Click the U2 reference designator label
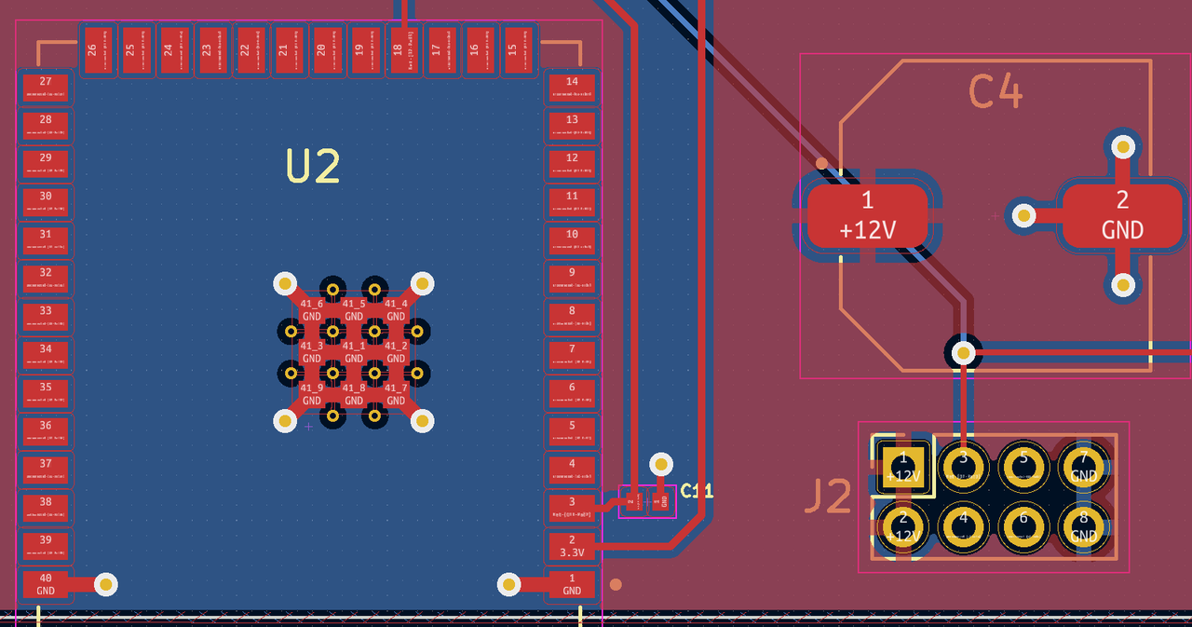click(313, 167)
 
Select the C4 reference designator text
click(996, 92)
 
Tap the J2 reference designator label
click(827, 498)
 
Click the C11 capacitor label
click(697, 490)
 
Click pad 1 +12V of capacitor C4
click(867, 215)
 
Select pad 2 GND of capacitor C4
click(1121, 215)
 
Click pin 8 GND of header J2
click(1083, 527)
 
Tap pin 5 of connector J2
click(1023, 465)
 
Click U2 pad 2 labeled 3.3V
click(572, 545)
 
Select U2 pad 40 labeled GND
click(46, 584)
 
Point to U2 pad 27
click(46, 87)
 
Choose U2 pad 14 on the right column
click(572, 87)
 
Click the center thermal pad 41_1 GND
click(353, 351)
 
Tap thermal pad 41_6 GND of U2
click(311, 309)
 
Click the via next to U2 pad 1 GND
click(508, 584)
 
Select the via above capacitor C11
click(661, 463)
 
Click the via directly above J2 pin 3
click(962, 352)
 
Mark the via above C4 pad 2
click(1123, 146)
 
